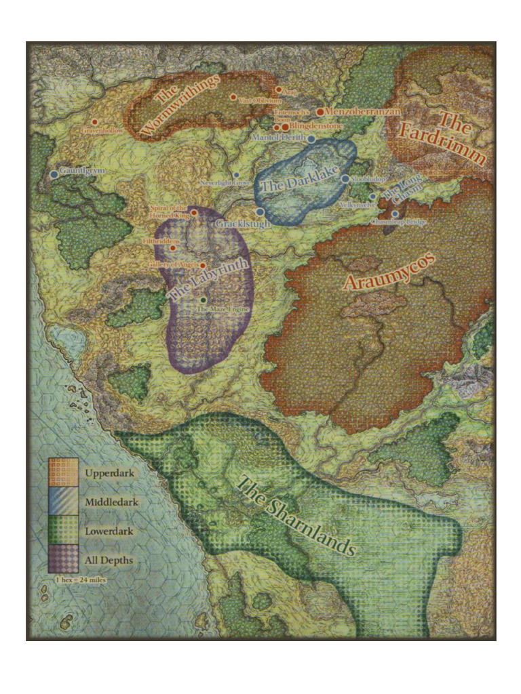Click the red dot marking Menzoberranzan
tap(320, 111)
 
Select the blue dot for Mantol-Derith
tap(311, 139)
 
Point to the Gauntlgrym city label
tap(82, 171)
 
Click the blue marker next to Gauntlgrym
tap(54, 174)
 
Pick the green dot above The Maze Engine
tap(203, 300)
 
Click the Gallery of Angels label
tap(173, 264)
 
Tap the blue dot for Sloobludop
tap(345, 179)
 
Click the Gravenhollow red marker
tap(94, 123)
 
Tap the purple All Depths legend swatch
tap(62, 560)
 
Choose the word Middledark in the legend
tap(112, 502)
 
